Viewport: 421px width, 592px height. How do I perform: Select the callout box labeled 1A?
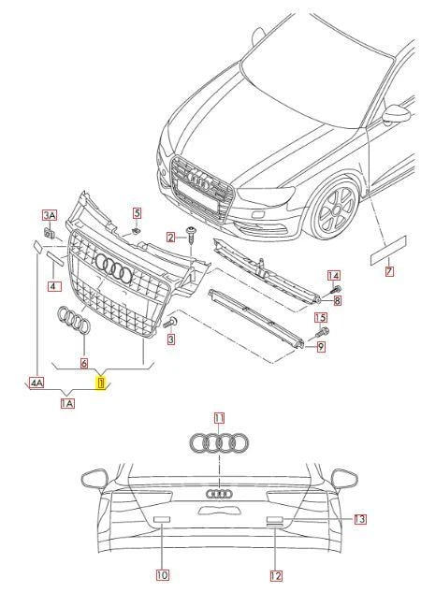[x=67, y=403]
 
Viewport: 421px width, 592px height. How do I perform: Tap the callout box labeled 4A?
[x=36, y=382]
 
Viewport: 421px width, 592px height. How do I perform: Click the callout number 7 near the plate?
[x=390, y=271]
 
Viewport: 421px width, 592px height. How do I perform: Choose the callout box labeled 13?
[x=359, y=518]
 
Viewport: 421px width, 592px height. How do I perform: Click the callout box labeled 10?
[x=162, y=574]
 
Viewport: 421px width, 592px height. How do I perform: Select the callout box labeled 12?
[x=277, y=574]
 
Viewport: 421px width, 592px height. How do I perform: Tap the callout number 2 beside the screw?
[x=171, y=238]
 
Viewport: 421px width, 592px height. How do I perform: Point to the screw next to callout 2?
[x=191, y=237]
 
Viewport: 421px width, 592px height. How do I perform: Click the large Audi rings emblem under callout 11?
[x=219, y=443]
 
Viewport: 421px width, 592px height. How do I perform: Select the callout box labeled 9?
[x=320, y=347]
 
